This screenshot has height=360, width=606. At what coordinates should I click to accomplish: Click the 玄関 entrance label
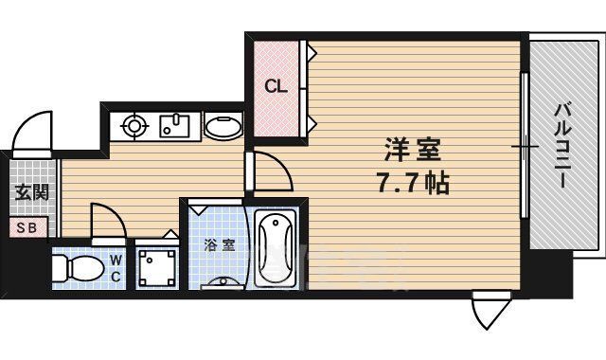point(27,194)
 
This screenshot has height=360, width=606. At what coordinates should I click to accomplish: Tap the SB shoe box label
point(27,227)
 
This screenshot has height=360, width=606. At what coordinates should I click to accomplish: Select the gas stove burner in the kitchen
point(132,125)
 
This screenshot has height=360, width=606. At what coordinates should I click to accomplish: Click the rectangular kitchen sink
point(175,125)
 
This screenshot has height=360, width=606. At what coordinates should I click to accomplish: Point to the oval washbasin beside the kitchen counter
point(223,126)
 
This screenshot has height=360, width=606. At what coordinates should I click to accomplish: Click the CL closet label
point(276,87)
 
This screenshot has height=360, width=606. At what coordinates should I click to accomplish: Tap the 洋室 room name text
point(413,151)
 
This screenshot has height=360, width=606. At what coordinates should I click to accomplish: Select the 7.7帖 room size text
point(413,181)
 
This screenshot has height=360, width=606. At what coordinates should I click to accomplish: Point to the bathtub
point(276,248)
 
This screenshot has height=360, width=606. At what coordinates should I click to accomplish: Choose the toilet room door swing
point(107,223)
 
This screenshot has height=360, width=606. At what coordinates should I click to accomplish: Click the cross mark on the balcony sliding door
point(524,147)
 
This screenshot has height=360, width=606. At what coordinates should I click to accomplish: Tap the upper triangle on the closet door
point(307,54)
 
